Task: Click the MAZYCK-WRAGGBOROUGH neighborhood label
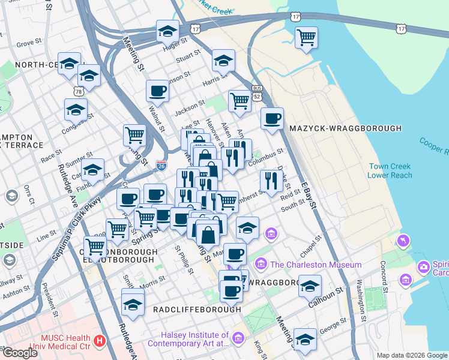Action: point(345,128)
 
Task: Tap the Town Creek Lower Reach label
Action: point(390,171)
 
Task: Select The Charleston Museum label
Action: point(316,265)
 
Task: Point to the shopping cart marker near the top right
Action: point(307,38)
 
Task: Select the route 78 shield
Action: point(79,91)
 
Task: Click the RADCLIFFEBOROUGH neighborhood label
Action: point(196,309)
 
